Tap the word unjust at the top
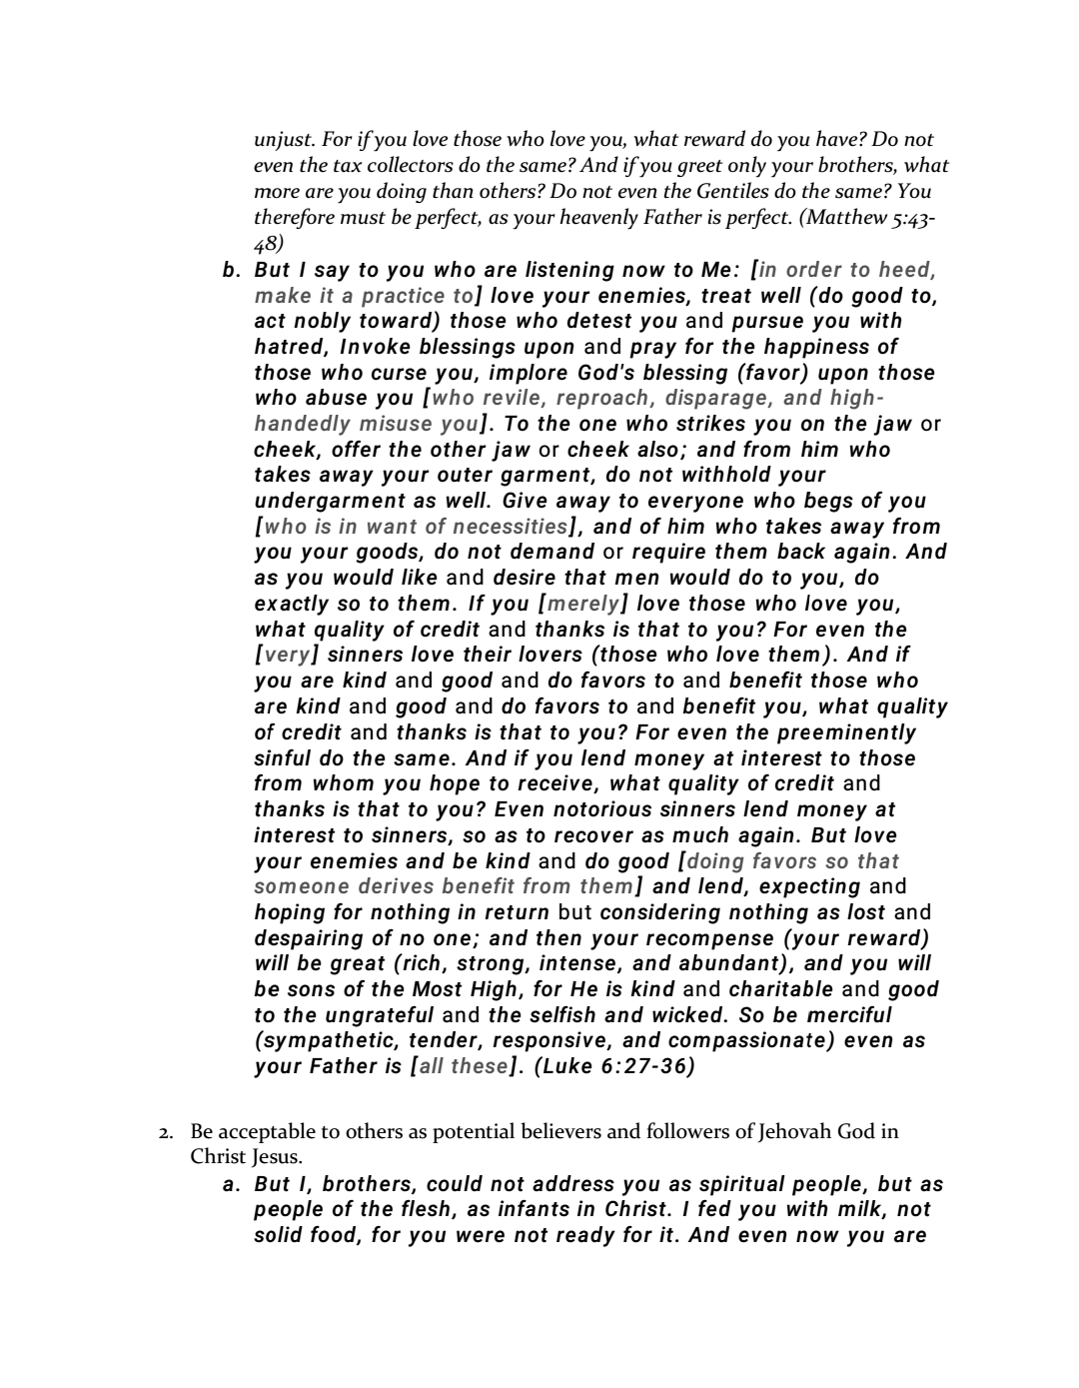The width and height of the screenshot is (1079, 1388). point(282,140)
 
